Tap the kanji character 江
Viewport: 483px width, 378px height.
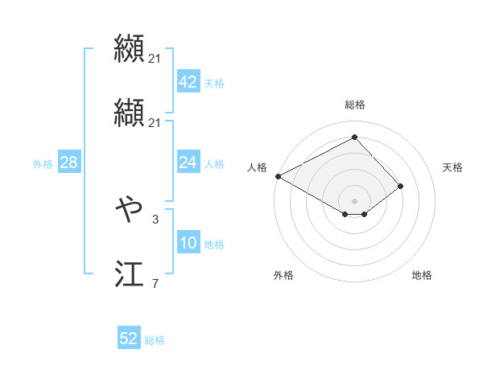click(x=129, y=275)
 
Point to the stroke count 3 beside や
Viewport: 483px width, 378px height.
click(x=155, y=217)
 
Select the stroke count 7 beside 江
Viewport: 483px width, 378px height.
click(x=155, y=283)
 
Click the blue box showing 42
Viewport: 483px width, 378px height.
click(x=188, y=82)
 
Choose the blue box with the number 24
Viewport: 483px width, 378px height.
click(x=188, y=162)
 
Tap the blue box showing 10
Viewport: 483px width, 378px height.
click(x=188, y=243)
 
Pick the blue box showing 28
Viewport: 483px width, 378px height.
click(x=68, y=162)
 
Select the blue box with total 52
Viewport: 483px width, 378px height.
click(x=129, y=339)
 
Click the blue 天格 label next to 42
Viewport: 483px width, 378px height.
click(x=214, y=83)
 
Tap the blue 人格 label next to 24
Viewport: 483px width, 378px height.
click(x=214, y=163)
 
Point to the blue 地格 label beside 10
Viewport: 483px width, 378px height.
click(x=214, y=244)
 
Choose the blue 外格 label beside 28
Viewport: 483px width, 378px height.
click(x=43, y=163)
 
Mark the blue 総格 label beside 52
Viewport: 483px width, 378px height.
click(x=155, y=339)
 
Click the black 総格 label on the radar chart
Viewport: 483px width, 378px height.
click(x=355, y=105)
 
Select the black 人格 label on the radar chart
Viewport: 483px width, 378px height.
click(x=258, y=167)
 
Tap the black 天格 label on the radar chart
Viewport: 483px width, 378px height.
click(x=452, y=167)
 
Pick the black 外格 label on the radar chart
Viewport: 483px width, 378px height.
click(x=283, y=275)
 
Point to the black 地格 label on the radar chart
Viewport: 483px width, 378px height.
click(x=422, y=275)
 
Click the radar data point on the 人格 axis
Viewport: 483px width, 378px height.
click(x=278, y=175)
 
